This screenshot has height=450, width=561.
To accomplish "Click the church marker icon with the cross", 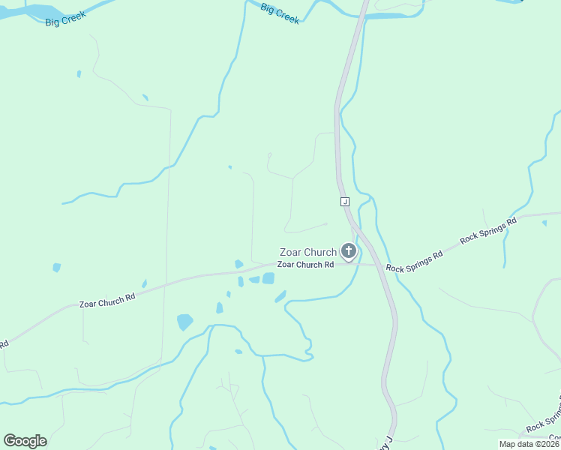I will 348,250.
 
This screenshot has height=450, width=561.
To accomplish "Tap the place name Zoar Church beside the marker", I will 307,252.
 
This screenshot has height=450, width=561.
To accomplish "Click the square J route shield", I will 344,202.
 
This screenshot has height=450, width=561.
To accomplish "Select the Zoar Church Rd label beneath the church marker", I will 305,265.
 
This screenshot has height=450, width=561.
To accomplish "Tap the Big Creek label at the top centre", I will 280,13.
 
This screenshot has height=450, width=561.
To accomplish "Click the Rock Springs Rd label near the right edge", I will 489,229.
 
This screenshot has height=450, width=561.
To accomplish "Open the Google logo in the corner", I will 25,441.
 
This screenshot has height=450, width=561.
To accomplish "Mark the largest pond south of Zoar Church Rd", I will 184,322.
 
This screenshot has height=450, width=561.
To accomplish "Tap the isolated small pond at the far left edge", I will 56,267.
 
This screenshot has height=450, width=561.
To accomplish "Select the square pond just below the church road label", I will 268,278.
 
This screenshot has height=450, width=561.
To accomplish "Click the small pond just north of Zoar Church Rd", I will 238,264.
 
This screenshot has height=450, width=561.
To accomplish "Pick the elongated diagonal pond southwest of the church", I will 280,296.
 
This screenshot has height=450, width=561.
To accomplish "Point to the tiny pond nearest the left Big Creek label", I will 79,73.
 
